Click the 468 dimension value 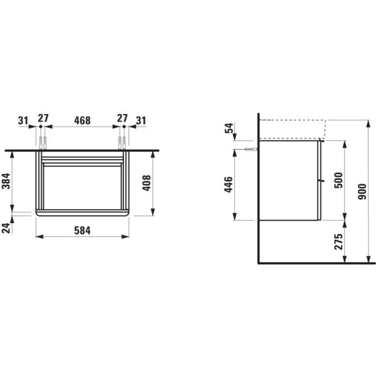pos(82,119)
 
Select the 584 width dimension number pos(82,230)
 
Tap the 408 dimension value pos(147,183)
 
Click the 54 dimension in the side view pos(229,130)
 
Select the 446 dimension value pos(229,185)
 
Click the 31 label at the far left pos(23,119)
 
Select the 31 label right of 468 pos(140,119)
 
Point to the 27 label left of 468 pos(43,119)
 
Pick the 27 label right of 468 pos(122,119)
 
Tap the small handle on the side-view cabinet pos(321,180)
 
